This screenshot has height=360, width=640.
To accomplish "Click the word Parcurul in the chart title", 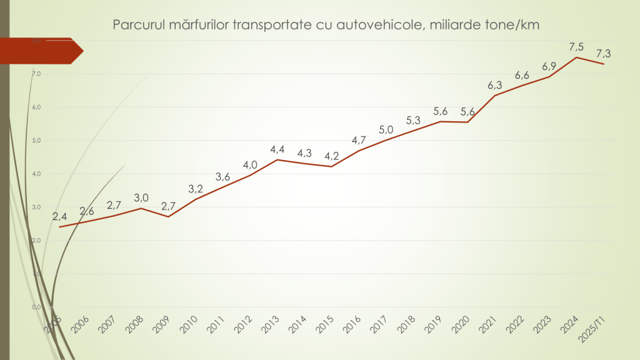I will click(x=138, y=25).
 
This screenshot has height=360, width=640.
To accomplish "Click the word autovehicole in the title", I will click(x=381, y=25).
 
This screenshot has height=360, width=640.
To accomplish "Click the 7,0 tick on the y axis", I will click(x=36, y=74).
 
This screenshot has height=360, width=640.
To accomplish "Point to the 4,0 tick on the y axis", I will click(x=36, y=174).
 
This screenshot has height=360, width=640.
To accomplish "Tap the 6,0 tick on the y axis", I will click(x=36, y=107).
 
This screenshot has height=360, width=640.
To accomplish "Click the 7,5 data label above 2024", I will click(x=576, y=47).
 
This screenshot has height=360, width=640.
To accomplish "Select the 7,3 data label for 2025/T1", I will click(x=603, y=54).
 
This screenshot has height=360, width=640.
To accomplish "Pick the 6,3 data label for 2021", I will click(x=494, y=85).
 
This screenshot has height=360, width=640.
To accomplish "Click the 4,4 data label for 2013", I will click(x=277, y=149).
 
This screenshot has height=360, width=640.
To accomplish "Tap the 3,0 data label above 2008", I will click(x=141, y=197).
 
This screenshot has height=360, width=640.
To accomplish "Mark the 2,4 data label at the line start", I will click(x=59, y=217).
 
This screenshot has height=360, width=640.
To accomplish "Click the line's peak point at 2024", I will click(x=576, y=57).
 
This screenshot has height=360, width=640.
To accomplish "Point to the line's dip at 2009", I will click(x=168, y=216).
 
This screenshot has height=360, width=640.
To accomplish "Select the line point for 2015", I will click(x=331, y=166).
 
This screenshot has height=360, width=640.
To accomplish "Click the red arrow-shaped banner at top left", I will click(x=41, y=51).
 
